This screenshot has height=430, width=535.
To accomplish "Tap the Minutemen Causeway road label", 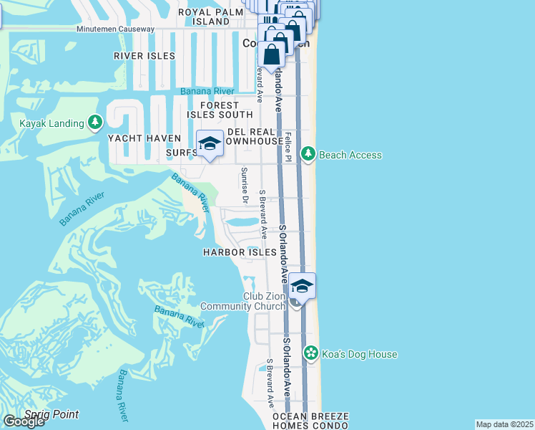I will pos(116,29).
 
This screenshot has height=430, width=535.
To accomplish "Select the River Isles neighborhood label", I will pos(144,55).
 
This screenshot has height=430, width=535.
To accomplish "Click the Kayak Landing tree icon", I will pos(95,123).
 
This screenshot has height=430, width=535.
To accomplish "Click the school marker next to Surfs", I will pos(210,144).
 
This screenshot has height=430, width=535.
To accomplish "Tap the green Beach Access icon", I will pos(308,154).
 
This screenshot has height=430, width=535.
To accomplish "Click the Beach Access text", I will pos(350,155).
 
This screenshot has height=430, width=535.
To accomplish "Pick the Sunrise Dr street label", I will pos(244,185).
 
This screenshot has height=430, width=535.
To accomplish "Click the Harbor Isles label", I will pos(239,252).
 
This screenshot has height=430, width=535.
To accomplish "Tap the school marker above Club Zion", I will pos(302,287).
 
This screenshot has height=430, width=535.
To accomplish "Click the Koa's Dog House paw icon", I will pos(310,353).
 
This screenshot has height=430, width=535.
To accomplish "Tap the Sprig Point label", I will pos(51,414).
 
